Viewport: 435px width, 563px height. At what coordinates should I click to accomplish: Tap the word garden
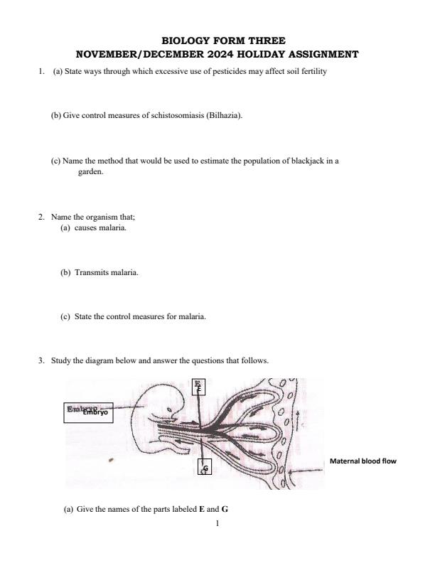click(90, 171)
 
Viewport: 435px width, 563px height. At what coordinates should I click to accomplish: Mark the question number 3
click(41, 361)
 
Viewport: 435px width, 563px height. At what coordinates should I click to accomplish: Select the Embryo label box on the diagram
click(88, 411)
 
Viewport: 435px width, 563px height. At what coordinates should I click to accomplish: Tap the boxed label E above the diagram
click(199, 386)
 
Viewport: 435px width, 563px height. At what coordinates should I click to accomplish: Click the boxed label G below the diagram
click(205, 468)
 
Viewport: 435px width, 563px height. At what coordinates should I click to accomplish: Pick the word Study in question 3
click(60, 361)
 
